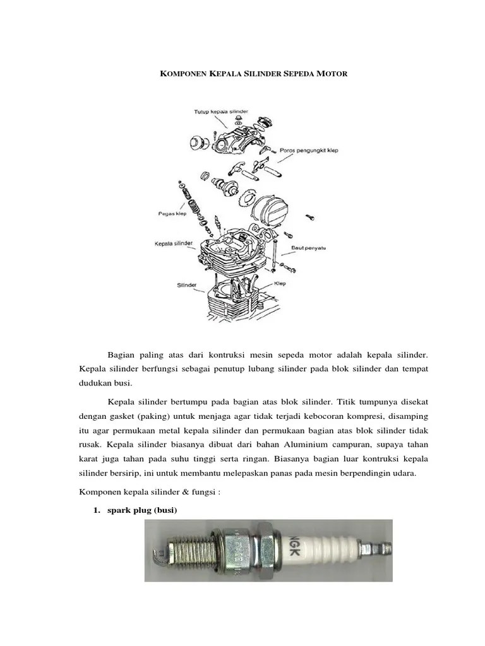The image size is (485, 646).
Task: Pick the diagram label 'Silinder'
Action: [187, 285]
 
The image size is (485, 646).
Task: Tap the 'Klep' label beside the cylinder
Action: [281, 284]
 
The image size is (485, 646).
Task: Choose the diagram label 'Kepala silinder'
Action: [174, 243]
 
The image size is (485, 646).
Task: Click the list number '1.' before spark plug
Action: [97, 510]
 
